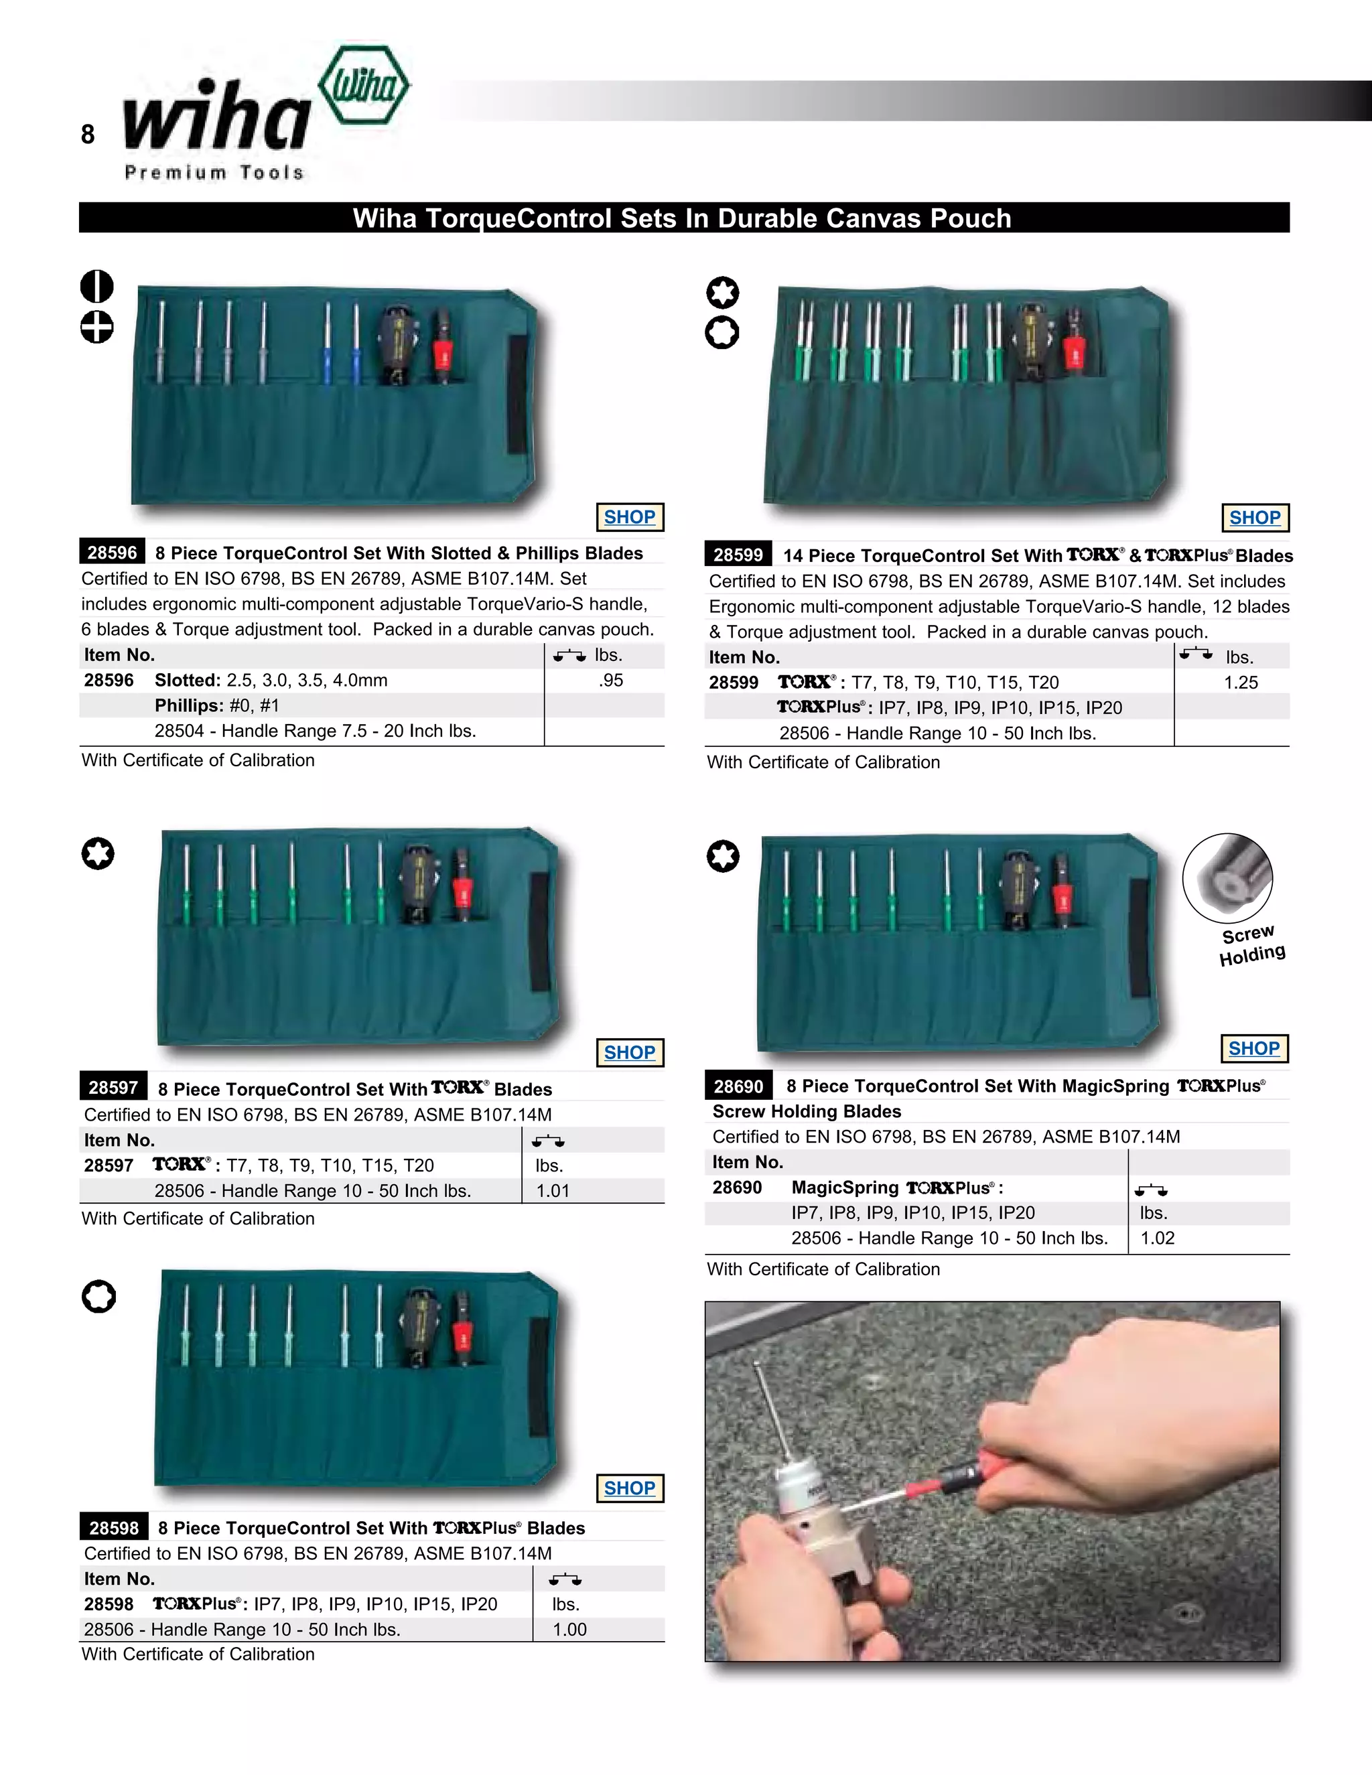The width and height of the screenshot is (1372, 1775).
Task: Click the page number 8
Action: tap(88, 134)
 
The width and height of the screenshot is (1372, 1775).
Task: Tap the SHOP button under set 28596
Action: tap(629, 517)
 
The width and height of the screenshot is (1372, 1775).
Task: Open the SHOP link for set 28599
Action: tap(1254, 518)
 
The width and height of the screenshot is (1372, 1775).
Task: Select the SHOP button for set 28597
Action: tap(629, 1052)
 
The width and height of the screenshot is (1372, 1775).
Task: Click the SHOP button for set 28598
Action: tap(629, 1488)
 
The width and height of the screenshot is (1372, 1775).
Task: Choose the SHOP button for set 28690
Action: tap(1253, 1048)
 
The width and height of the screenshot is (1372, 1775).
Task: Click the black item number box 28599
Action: tap(738, 555)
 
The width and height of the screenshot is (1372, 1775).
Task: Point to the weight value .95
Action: tap(610, 681)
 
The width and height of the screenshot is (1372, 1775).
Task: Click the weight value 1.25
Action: tap(1240, 683)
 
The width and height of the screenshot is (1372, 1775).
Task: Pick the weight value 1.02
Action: tap(1158, 1238)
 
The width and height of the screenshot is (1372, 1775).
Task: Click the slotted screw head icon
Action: tap(96, 286)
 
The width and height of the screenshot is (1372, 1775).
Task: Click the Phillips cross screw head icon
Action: tap(96, 328)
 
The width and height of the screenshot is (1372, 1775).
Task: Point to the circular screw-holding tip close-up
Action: tap(1227, 877)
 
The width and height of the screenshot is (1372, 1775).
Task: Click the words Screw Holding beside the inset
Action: tap(1251, 944)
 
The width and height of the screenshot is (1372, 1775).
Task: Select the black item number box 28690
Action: tap(738, 1086)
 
